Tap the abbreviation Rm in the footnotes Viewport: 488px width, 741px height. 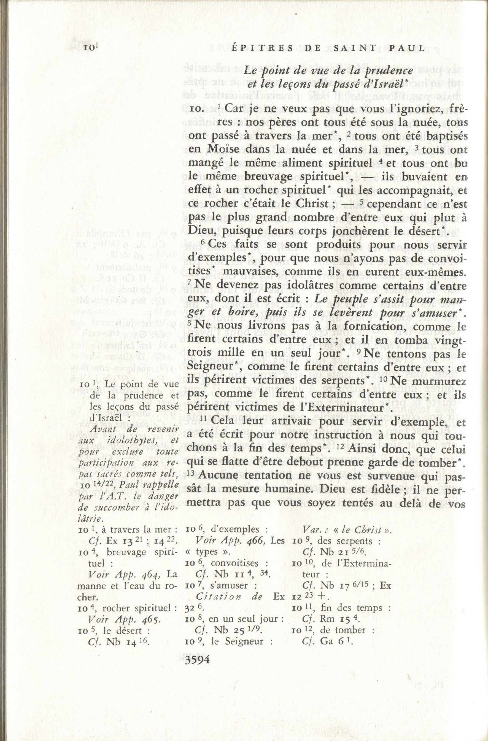327,619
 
